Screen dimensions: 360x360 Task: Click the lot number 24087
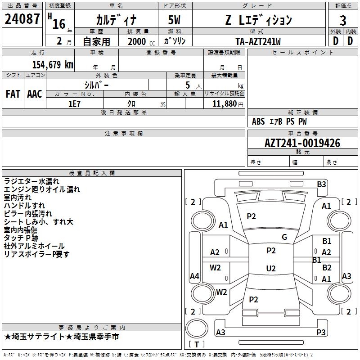coord(22,19)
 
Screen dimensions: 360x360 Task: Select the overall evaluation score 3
coord(343,21)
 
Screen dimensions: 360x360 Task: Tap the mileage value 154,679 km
coord(53,64)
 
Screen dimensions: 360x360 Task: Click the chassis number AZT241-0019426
coord(302,143)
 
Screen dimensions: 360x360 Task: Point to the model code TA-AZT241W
coord(258,41)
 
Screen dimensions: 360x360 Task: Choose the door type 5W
coord(174,20)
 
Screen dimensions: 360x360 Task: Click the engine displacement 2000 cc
coord(141,41)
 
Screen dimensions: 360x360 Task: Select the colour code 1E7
coord(74,104)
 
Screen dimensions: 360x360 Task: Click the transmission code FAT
coord(13,94)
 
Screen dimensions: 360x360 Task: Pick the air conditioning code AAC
coord(35,94)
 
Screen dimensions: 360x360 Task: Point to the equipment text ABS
coord(258,121)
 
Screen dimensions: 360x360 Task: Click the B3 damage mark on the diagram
coord(321,184)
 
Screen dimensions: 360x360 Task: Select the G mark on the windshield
coord(284,237)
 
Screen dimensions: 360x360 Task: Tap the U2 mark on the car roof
coord(271,268)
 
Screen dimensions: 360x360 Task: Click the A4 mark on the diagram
coord(194,276)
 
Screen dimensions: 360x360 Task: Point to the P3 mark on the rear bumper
coord(321,332)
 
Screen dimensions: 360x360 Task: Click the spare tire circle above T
coord(197,328)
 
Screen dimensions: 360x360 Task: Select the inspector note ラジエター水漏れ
coord(31,181)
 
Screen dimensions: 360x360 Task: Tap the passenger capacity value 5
coord(188,85)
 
